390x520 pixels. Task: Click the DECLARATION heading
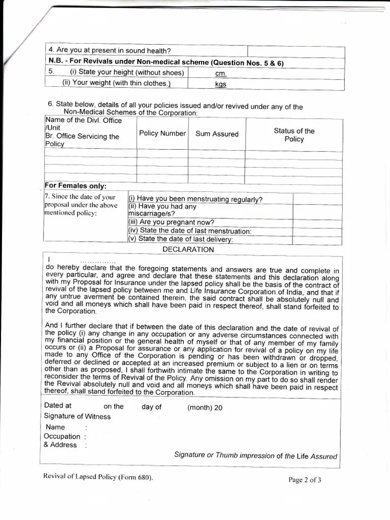click(188, 249)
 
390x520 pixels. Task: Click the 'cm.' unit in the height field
click(220, 74)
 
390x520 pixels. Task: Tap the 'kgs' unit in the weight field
click(220, 84)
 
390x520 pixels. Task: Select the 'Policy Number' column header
click(162, 134)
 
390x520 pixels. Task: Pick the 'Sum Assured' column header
click(217, 134)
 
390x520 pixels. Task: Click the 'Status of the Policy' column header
click(294, 135)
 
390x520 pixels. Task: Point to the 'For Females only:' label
click(75, 186)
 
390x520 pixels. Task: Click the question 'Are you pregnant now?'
click(171, 222)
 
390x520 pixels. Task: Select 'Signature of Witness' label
click(77, 416)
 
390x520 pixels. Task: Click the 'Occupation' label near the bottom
click(62, 436)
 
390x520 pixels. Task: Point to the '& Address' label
click(60, 445)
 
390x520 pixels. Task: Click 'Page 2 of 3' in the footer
click(305, 479)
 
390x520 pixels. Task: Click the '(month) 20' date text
click(205, 407)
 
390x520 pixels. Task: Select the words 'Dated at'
click(57, 406)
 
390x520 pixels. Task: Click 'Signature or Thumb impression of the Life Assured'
click(255, 456)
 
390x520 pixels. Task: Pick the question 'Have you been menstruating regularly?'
click(196, 199)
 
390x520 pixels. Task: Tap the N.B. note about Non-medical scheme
click(166, 62)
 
